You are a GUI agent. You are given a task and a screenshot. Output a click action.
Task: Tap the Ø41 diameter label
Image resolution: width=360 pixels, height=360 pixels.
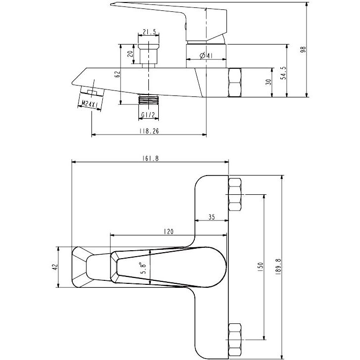(206, 55)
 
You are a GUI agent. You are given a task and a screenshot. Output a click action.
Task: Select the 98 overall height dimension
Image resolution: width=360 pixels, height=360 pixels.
(303, 49)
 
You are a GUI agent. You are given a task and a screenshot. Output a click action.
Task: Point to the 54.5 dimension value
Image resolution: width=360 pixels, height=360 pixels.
(284, 73)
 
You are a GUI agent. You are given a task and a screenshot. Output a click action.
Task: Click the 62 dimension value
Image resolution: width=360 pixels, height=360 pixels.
(117, 74)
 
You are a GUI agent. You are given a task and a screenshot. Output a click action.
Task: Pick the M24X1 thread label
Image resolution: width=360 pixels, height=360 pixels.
(90, 104)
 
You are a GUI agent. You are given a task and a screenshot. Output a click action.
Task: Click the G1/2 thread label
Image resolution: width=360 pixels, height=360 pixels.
(148, 115)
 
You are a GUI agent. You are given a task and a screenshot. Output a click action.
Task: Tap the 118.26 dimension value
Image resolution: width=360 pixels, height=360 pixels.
(149, 131)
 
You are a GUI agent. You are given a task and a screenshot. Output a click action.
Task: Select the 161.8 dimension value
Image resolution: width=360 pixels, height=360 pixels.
(150, 158)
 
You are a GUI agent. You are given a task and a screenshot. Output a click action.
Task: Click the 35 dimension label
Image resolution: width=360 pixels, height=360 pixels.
(212, 217)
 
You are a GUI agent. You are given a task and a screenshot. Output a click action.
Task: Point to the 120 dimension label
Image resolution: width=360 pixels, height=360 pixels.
(169, 231)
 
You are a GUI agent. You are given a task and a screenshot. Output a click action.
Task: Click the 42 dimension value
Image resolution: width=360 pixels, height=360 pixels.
(55, 267)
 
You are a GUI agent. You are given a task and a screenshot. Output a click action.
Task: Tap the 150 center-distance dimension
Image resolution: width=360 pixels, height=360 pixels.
(260, 267)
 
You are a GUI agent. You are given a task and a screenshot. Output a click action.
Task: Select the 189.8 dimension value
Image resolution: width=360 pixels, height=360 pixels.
(278, 267)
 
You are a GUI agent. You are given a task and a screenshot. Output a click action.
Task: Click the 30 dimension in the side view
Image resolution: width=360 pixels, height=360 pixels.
(268, 82)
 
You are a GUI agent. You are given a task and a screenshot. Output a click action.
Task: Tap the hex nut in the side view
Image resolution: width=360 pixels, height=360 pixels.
(234, 83)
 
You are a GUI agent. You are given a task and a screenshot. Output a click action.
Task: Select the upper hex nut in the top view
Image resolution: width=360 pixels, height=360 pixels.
(235, 194)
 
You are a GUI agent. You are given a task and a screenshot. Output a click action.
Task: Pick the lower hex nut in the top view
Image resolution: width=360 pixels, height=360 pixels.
(235, 339)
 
